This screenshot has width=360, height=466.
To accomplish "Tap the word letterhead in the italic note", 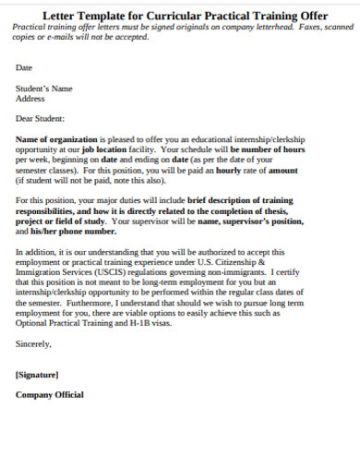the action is [x=260, y=28].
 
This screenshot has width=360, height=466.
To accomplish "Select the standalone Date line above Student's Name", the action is [x=24, y=67].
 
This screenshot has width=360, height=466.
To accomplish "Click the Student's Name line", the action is [x=43, y=89].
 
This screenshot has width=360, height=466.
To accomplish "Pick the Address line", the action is [x=30, y=98].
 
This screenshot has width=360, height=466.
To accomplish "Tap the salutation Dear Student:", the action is [x=41, y=118].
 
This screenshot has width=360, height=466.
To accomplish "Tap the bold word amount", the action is [x=282, y=170].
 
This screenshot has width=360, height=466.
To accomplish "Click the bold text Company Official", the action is [x=50, y=395].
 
